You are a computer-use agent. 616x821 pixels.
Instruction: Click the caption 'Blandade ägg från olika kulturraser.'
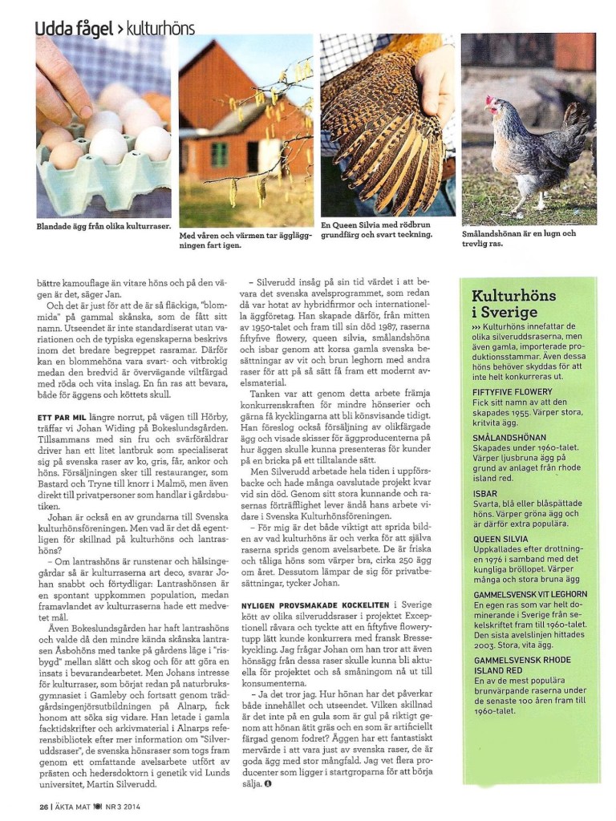click(103, 227)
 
